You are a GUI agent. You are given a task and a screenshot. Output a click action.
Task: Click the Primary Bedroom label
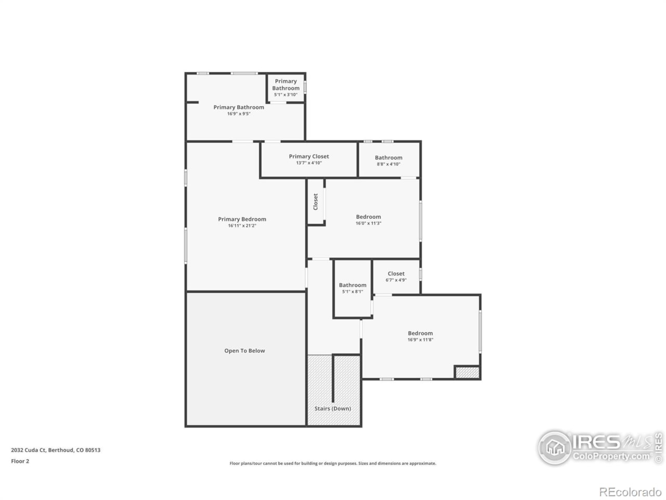click(x=242, y=219)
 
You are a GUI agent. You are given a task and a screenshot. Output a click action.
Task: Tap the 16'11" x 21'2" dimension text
click(x=242, y=226)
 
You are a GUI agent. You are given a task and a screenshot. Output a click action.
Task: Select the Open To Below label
click(x=245, y=351)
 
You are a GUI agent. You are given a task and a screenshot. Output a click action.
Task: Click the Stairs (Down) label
click(x=332, y=409)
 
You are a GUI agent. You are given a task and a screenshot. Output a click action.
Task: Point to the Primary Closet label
click(x=309, y=156)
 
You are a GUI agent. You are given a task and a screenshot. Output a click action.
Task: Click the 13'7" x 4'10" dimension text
click(x=309, y=163)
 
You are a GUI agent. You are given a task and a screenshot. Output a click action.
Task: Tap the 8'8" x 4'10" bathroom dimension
click(x=389, y=164)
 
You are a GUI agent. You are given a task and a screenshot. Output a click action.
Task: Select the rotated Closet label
click(x=315, y=202)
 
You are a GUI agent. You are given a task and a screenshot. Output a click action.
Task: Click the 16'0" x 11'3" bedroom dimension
click(x=368, y=223)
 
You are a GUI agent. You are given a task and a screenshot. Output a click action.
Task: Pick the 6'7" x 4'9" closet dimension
click(x=396, y=280)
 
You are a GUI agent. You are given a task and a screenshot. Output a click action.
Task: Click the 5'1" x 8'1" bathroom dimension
click(x=352, y=292)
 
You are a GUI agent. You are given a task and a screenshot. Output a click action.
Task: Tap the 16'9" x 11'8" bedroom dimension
click(x=420, y=340)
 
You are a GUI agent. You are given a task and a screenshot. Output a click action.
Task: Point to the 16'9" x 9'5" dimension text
click(x=239, y=114)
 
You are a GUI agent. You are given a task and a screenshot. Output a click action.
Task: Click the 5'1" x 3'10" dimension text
click(x=286, y=95)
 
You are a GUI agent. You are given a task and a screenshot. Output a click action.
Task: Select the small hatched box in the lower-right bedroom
click(x=467, y=372)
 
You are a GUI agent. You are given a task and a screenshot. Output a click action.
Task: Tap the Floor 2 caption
click(x=20, y=461)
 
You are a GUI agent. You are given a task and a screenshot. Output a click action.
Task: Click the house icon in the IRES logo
click(x=555, y=447)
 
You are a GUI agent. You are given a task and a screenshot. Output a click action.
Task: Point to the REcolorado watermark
click(x=630, y=492)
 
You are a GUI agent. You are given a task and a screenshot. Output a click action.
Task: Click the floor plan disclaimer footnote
click(x=333, y=464)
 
